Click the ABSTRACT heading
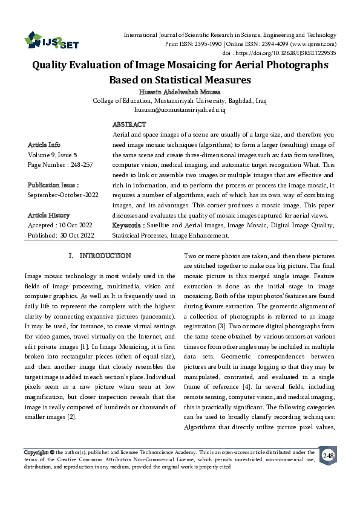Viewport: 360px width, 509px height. click(x=129, y=124)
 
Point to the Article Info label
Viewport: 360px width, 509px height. click(x=44, y=146)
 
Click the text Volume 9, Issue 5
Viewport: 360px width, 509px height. click(x=53, y=155)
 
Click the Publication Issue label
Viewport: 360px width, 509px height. click(x=53, y=185)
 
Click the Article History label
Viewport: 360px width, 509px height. click(x=48, y=215)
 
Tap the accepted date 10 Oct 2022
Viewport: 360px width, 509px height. click(x=76, y=225)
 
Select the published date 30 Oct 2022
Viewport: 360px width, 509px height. click(x=77, y=235)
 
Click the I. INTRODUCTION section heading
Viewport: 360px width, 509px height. click(x=100, y=256)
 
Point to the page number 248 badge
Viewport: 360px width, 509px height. click(x=328, y=455)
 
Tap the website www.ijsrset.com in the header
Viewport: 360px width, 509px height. click(x=314, y=44)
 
